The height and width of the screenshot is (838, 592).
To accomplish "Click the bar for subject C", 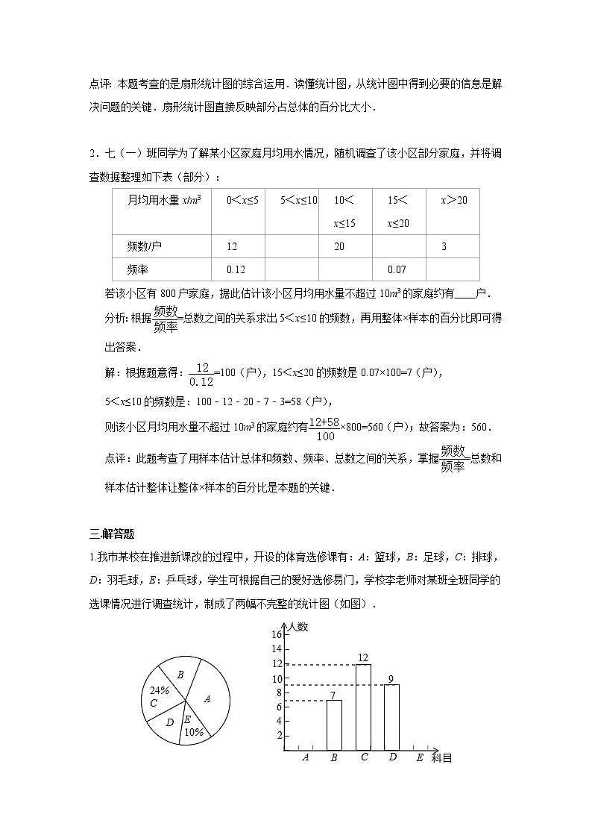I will [363, 707].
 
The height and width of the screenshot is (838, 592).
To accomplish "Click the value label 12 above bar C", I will [363, 657].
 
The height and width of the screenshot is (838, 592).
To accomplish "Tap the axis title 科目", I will [441, 758].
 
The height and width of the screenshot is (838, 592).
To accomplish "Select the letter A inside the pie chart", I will [207, 699].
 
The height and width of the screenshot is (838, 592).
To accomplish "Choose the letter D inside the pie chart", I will [170, 722].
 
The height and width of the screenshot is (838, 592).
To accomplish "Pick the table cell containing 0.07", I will [397, 269].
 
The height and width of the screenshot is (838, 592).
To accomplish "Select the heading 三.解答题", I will [111, 534].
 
